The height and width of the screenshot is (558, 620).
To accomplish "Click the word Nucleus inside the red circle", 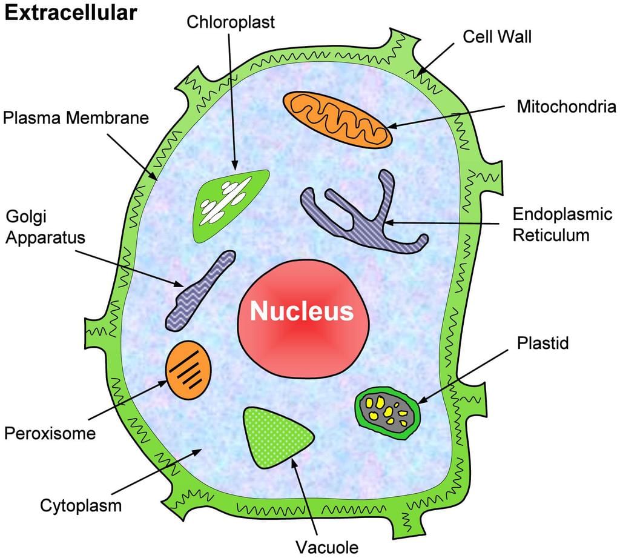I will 302,311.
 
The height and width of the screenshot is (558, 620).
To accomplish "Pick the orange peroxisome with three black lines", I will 189,369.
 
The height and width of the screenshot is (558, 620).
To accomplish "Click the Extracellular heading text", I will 71,13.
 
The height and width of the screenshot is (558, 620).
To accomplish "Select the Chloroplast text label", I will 231,22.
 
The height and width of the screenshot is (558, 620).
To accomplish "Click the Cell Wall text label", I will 497,36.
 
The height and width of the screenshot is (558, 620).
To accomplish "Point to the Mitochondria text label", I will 566,107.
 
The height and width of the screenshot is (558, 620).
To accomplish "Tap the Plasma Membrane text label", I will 76,118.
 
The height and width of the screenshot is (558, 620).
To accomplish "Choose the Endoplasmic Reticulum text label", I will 562,224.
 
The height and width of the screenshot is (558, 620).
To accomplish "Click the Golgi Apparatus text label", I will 45,227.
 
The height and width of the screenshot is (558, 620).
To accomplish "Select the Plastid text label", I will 543,343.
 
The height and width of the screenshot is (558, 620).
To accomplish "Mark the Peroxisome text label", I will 50,433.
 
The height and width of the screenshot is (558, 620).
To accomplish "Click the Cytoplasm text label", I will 81,505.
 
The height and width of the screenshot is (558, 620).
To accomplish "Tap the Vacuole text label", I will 327,546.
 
